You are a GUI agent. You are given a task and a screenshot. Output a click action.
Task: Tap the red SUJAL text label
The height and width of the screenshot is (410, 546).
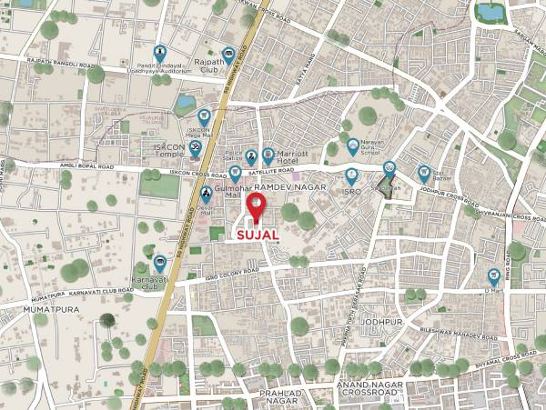(258, 235)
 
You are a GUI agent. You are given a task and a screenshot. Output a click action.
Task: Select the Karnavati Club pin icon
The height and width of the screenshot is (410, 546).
(159, 263)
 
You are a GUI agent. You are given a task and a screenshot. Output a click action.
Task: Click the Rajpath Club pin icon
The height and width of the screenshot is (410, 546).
(228, 55)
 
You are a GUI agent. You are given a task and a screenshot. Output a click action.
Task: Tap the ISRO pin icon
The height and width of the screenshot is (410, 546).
(351, 176)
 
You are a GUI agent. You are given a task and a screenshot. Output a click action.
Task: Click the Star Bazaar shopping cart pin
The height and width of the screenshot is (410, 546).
(424, 172)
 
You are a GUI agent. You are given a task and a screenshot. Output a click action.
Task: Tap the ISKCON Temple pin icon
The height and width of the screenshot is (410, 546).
(194, 156)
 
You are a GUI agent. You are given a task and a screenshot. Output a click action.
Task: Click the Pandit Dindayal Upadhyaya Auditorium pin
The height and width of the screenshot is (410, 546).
(160, 53)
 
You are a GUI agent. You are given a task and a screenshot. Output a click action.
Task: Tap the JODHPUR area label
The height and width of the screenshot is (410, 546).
(381, 322)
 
